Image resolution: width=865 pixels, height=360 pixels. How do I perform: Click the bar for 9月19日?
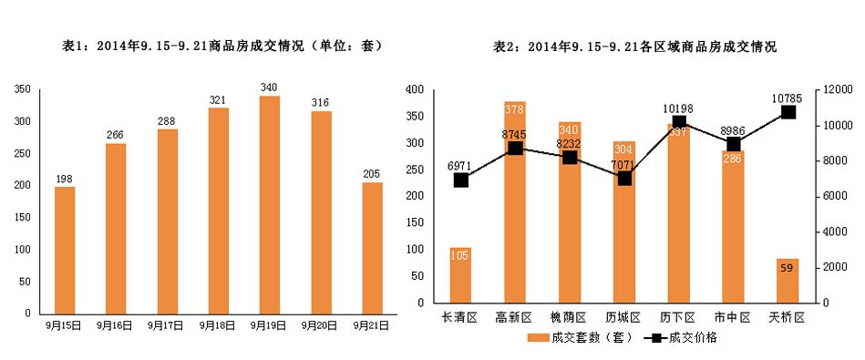click(x=270, y=204)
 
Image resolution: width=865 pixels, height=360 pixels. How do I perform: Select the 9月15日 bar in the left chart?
click(x=65, y=250)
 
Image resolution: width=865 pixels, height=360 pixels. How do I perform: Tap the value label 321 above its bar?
click(x=218, y=99)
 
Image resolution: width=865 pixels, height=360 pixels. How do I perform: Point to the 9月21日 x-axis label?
click(x=373, y=324)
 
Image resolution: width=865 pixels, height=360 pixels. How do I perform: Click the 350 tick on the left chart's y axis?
click(x=23, y=89)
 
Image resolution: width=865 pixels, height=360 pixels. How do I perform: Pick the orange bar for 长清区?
click(x=460, y=274)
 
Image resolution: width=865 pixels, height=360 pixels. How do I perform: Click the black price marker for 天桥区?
click(x=788, y=112)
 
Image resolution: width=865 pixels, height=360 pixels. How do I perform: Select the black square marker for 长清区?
click(x=460, y=180)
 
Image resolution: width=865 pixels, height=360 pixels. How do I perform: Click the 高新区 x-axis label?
click(x=514, y=317)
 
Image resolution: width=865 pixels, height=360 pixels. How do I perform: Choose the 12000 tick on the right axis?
click(x=836, y=89)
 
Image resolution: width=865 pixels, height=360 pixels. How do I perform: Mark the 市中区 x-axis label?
click(x=733, y=317)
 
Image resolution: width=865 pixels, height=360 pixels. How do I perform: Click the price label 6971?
click(x=461, y=166)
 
